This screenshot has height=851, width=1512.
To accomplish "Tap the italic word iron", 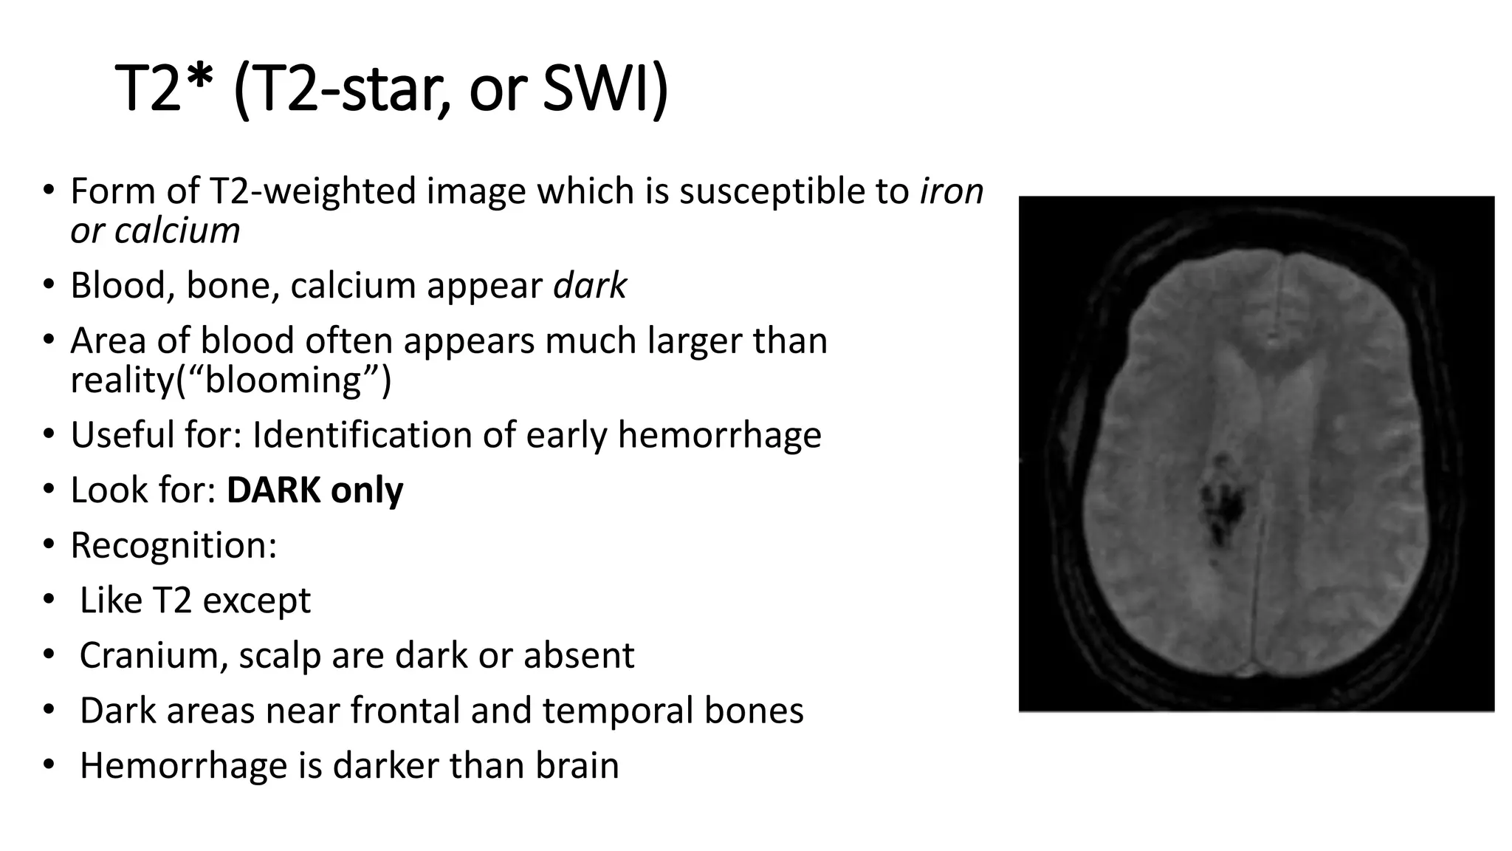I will (952, 191).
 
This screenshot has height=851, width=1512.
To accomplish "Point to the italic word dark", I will (590, 286).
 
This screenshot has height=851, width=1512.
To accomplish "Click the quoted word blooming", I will (283, 381).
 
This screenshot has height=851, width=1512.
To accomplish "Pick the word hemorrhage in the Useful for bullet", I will (719, 435).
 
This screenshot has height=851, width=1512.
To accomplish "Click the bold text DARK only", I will (315, 491).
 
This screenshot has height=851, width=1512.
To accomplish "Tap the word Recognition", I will (173, 546).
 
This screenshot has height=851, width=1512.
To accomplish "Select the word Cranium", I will (154, 655).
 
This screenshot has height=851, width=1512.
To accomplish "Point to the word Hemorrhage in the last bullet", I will (183, 766).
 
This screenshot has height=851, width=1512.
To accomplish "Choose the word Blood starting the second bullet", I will (123, 286).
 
